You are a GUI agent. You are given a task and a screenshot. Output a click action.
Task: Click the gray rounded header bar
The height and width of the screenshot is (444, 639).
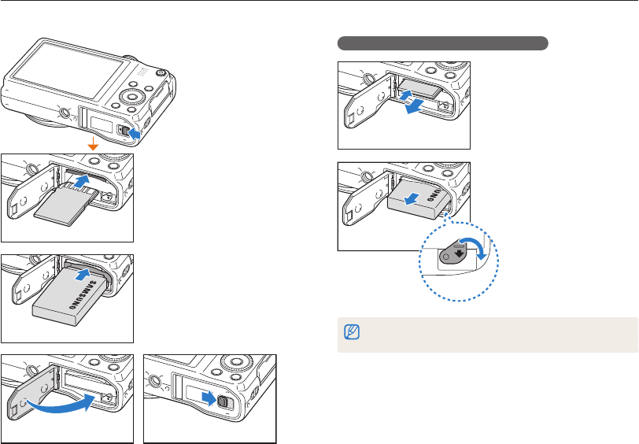442,43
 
